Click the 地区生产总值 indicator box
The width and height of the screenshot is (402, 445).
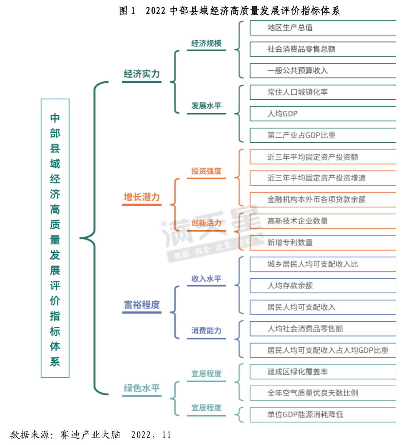[x=323, y=28]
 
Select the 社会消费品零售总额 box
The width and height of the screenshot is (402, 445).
[x=323, y=49]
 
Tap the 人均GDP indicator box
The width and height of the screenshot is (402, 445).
[x=323, y=114]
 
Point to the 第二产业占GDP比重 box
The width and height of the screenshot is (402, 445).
[x=323, y=135]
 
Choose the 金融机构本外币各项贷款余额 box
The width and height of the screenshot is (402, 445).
[x=323, y=199]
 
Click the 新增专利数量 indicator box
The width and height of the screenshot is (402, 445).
[x=323, y=243]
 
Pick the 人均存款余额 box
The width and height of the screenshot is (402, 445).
[x=323, y=285]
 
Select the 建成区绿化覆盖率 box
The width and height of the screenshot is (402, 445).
[x=323, y=372]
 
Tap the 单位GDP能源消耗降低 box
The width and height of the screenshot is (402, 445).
[x=323, y=415]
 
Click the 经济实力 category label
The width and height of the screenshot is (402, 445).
[x=142, y=74]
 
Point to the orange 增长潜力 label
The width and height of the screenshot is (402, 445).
[x=142, y=197]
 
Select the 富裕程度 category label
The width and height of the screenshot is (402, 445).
[x=142, y=305]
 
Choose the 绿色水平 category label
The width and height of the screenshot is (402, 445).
[x=142, y=388]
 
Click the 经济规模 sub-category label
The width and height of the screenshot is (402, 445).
[x=206, y=43]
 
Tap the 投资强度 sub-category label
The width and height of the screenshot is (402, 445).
[x=206, y=171]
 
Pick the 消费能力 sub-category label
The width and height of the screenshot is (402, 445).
[x=206, y=331]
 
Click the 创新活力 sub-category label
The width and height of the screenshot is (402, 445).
[x=206, y=223]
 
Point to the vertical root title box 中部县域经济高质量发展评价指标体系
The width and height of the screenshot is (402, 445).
[x=55, y=238]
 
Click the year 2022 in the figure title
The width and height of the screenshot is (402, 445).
[x=155, y=11]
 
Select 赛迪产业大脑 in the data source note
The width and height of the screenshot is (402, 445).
[x=90, y=435]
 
